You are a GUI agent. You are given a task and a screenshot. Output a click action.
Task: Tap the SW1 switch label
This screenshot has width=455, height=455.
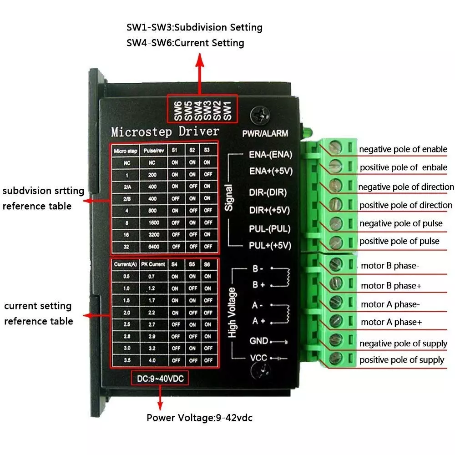pos(228,111)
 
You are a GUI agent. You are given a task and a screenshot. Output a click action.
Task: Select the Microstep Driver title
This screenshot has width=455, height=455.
pos(165,132)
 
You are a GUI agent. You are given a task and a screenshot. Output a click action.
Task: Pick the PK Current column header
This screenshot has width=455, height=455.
pos(150,264)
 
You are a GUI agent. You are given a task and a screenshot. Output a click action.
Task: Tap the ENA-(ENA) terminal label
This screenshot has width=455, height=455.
pos(270,154)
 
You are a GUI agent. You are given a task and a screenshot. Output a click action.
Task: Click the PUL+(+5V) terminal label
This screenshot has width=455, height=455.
pos(270,246)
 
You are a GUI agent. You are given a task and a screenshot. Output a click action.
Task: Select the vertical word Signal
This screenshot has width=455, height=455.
pos(229,197)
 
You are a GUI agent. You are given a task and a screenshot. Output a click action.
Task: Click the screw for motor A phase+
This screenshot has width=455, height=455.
pos(336,320)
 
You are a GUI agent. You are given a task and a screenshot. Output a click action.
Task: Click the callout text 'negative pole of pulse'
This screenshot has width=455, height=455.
pos(400,223)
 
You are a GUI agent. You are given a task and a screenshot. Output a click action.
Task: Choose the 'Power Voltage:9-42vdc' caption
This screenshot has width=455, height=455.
pos(199,418)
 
